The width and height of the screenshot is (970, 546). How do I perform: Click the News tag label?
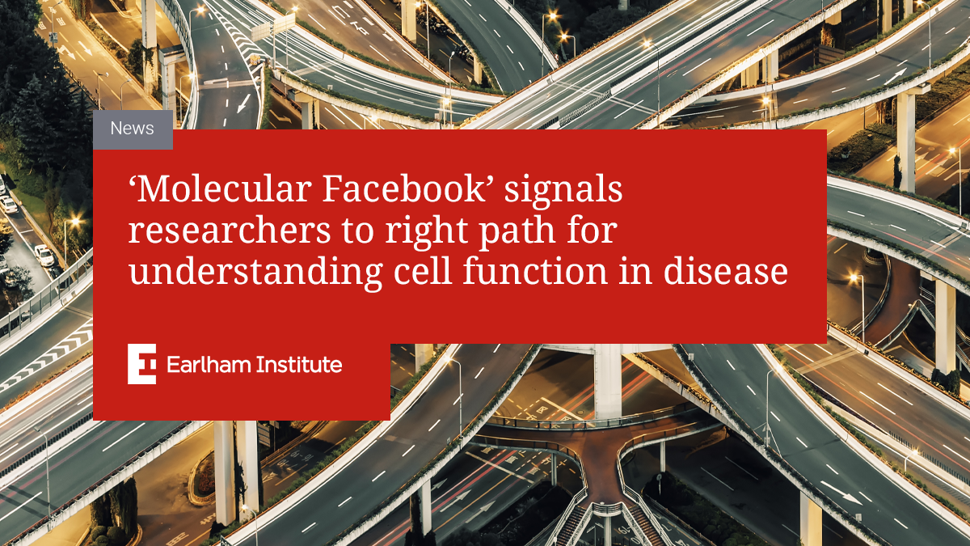[132, 129]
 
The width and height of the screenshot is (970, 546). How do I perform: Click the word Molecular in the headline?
[225, 189]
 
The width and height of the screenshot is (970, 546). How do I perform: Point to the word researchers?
[230, 231]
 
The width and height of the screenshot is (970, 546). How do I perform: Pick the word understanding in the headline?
[256, 272]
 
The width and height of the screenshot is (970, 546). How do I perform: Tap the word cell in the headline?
[423, 271]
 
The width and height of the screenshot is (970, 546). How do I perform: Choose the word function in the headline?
[535, 271]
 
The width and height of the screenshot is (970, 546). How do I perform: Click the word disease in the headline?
[725, 271]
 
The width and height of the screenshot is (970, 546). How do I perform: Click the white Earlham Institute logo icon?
[141, 364]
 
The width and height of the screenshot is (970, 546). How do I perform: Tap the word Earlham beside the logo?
[208, 365]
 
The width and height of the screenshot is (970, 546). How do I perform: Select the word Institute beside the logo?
[299, 365]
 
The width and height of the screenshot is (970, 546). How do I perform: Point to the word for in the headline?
[592, 231]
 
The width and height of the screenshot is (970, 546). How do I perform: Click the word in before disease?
[635, 272]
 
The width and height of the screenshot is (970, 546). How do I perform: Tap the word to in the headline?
[358, 233]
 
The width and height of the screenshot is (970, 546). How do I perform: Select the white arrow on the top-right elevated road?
[895, 76]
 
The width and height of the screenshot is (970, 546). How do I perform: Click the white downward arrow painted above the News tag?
[244, 104]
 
